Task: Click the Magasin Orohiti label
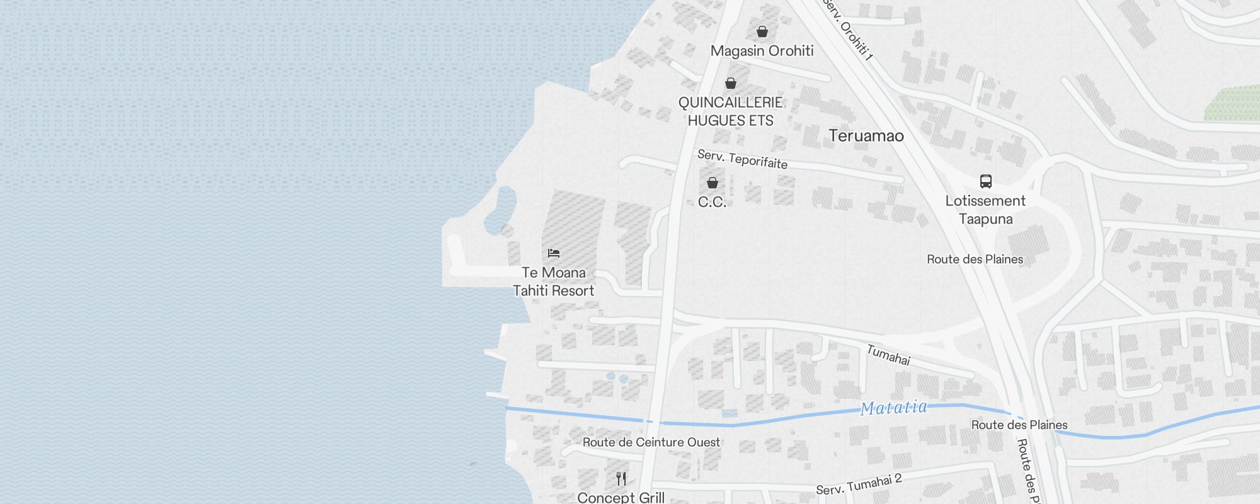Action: (x=762, y=51)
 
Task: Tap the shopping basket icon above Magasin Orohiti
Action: (x=762, y=31)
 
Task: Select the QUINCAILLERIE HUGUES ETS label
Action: (x=730, y=112)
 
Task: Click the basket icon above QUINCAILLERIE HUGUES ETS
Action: (x=731, y=83)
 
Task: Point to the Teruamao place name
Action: (x=866, y=136)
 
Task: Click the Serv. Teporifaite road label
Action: (x=742, y=159)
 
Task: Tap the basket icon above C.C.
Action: (x=713, y=183)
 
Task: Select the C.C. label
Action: (x=713, y=202)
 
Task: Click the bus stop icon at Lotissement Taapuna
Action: (x=986, y=181)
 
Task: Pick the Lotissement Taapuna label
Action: (x=985, y=210)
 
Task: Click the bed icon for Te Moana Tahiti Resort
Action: (x=554, y=253)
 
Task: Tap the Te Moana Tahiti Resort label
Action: (x=554, y=282)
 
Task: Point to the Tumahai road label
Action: (x=888, y=355)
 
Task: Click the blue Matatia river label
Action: (x=894, y=408)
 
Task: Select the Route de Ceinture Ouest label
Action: (x=651, y=442)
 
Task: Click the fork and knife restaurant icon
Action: (x=621, y=479)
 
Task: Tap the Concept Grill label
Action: (x=621, y=498)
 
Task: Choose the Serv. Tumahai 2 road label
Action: (x=859, y=484)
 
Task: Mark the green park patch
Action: (x=1231, y=105)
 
